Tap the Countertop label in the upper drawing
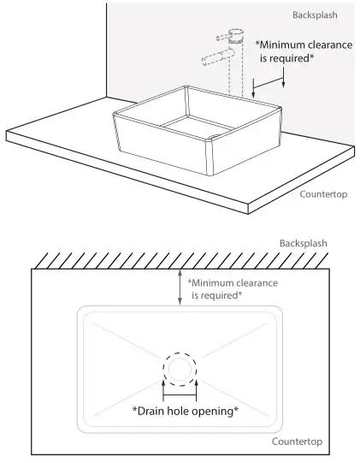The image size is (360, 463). tap(322, 194)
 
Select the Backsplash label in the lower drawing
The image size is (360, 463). tap(304, 244)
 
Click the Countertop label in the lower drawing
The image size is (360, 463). tap(297, 442)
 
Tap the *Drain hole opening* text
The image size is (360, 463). tap(185, 411)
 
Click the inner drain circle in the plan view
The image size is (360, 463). tap(180, 370)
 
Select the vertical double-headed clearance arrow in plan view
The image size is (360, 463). tap(179, 288)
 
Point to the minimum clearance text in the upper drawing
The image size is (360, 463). tap(304, 51)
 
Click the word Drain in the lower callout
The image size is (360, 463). tap(154, 411)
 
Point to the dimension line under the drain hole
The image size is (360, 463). tap(180, 395)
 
